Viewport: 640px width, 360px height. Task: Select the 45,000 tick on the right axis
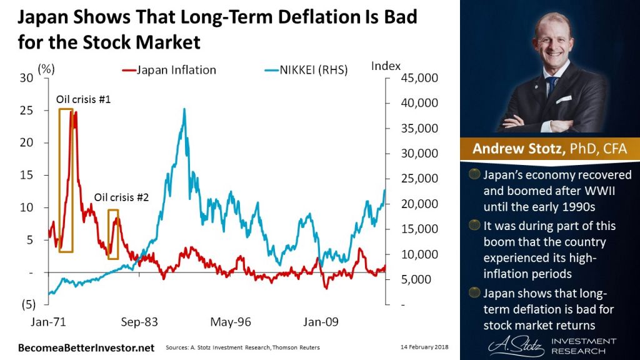coord(415,78)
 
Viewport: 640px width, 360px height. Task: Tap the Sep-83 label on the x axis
coord(139,322)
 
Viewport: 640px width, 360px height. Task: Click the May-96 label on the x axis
coord(230,322)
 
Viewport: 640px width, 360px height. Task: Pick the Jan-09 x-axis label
coord(321,322)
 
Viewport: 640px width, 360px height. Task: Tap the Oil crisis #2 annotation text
coord(121,197)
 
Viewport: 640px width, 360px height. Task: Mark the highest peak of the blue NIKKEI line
coord(184,109)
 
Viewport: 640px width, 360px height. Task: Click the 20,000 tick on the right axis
coord(415,204)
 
